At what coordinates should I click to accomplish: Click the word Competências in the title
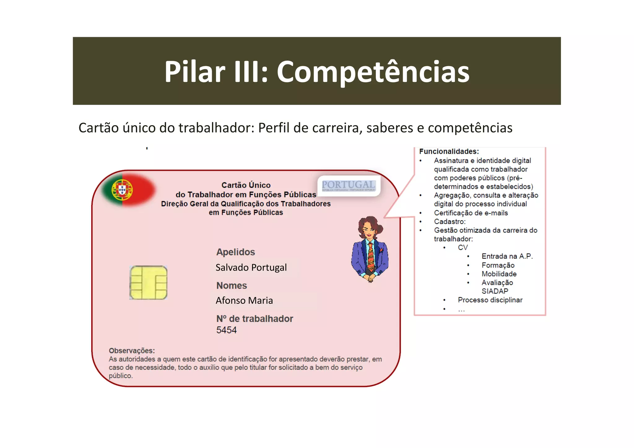tap(373, 72)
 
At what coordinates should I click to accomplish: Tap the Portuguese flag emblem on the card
tap(122, 189)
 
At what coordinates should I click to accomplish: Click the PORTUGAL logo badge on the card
tap(349, 185)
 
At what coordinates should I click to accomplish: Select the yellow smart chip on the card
tap(148, 282)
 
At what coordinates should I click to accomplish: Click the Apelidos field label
tap(236, 252)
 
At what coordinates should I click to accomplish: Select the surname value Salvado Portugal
tap(251, 267)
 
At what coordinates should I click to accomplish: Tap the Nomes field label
tap(232, 285)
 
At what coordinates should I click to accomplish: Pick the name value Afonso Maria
tap(244, 301)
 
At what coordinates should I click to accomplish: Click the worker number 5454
tap(226, 330)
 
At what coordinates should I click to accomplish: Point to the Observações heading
tap(132, 351)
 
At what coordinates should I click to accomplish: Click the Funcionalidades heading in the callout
tap(449, 152)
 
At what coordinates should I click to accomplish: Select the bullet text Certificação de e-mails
tap(471, 213)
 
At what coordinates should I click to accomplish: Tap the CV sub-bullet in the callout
tap(463, 248)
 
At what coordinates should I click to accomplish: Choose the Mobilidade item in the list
tap(499, 274)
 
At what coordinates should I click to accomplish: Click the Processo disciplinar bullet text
tap(490, 300)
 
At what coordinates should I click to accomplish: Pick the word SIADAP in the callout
tap(495, 291)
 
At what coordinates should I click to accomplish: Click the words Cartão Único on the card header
tap(246, 185)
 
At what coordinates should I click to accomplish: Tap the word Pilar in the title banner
tap(195, 72)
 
